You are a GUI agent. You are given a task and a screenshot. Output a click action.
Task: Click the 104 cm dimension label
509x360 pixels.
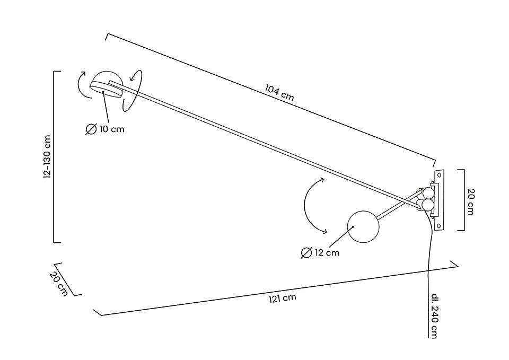pyautogui.click(x=279, y=93)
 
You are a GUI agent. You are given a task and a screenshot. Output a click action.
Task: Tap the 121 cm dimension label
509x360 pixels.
pyautogui.click(x=282, y=298)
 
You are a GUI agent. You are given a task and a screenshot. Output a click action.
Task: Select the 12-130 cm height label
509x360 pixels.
pyautogui.click(x=47, y=157)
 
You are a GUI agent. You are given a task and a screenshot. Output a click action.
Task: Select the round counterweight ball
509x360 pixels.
pyautogui.click(x=363, y=226)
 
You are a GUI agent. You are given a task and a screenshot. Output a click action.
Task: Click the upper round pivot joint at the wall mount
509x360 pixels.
pyautogui.click(x=427, y=192)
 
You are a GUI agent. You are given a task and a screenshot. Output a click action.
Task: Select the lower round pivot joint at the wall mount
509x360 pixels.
pyautogui.click(x=426, y=205)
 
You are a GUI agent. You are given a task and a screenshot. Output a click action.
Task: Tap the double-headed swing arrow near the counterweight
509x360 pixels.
pyautogui.click(x=312, y=206)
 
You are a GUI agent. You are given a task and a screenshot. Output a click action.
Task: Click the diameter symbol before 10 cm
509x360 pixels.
pyautogui.click(x=91, y=129)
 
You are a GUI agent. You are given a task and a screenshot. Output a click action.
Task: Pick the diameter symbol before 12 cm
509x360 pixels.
pyautogui.click(x=306, y=253)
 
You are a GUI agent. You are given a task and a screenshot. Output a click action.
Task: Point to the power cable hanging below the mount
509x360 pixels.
pyautogui.click(x=429, y=276)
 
